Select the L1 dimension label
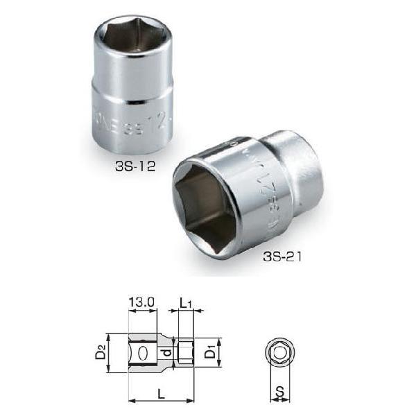coord(186,303)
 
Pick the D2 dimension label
coord(100,354)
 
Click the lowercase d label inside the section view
coord(166,354)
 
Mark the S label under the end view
coord(279,392)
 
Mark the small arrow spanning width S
coord(279,400)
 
